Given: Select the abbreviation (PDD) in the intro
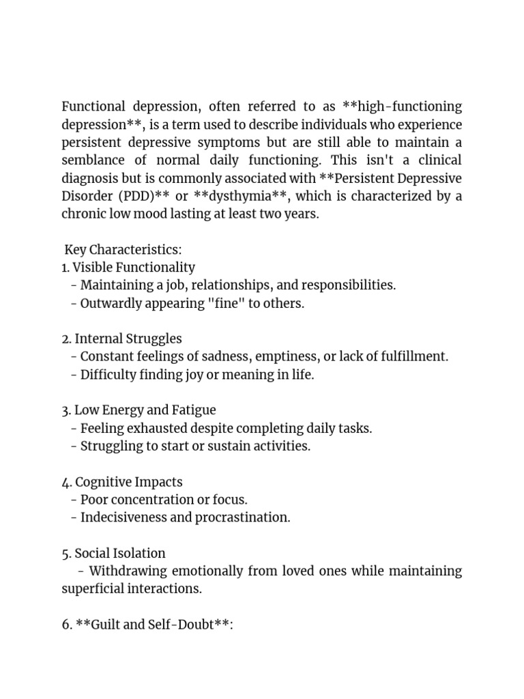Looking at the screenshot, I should tap(134, 196).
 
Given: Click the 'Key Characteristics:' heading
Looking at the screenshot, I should tap(123, 250).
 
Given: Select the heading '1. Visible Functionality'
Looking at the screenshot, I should tap(128, 268).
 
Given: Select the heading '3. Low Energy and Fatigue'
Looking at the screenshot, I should tap(139, 410).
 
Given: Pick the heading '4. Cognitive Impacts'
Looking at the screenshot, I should tap(122, 482).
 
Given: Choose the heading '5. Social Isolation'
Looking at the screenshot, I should tap(113, 553).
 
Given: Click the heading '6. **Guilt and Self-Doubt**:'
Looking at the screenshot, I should tap(147, 625).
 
